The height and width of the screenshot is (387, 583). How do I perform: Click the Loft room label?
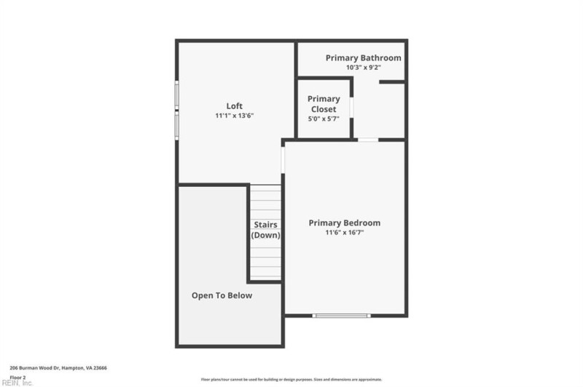[x=234, y=106]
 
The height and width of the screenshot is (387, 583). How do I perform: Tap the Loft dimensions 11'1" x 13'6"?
[x=234, y=116]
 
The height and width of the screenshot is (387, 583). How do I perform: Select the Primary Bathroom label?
[x=363, y=57]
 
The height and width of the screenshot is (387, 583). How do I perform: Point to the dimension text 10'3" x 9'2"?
[x=364, y=67]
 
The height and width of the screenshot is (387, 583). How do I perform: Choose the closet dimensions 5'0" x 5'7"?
[x=324, y=119]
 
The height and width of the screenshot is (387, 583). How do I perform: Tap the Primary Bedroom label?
[x=344, y=223]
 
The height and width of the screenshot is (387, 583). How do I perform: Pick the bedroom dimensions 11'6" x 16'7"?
[x=344, y=233]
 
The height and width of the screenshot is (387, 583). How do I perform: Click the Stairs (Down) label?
[x=266, y=230]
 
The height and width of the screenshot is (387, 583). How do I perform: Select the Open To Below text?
[x=222, y=295]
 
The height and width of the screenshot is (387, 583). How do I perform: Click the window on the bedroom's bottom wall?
[x=341, y=316]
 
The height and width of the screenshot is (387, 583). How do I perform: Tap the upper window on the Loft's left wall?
[x=176, y=95]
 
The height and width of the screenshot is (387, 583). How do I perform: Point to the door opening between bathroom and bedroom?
[x=368, y=140]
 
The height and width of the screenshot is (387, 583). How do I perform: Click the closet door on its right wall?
[x=351, y=107]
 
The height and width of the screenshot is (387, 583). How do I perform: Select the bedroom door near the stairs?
[x=283, y=160]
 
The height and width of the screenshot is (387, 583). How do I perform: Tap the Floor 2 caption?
[x=17, y=378]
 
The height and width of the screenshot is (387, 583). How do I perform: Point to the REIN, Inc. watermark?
[x=16, y=383]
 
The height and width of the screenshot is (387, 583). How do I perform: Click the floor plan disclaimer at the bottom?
[x=291, y=380]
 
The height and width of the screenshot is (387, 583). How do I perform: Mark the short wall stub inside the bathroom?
[x=392, y=82]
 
